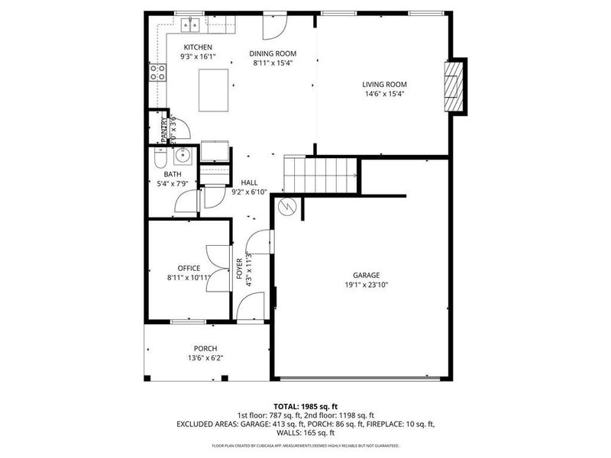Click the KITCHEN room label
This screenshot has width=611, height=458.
point(192,47)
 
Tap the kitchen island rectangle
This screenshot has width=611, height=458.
point(215,89)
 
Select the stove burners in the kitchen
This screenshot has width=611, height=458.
point(158,73)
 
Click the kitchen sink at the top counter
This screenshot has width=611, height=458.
point(190,26)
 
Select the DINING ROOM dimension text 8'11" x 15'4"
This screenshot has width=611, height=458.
point(274,63)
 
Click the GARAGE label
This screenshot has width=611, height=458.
point(366,275)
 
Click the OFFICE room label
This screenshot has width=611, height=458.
point(189,268)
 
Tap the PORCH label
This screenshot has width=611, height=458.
point(205,348)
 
